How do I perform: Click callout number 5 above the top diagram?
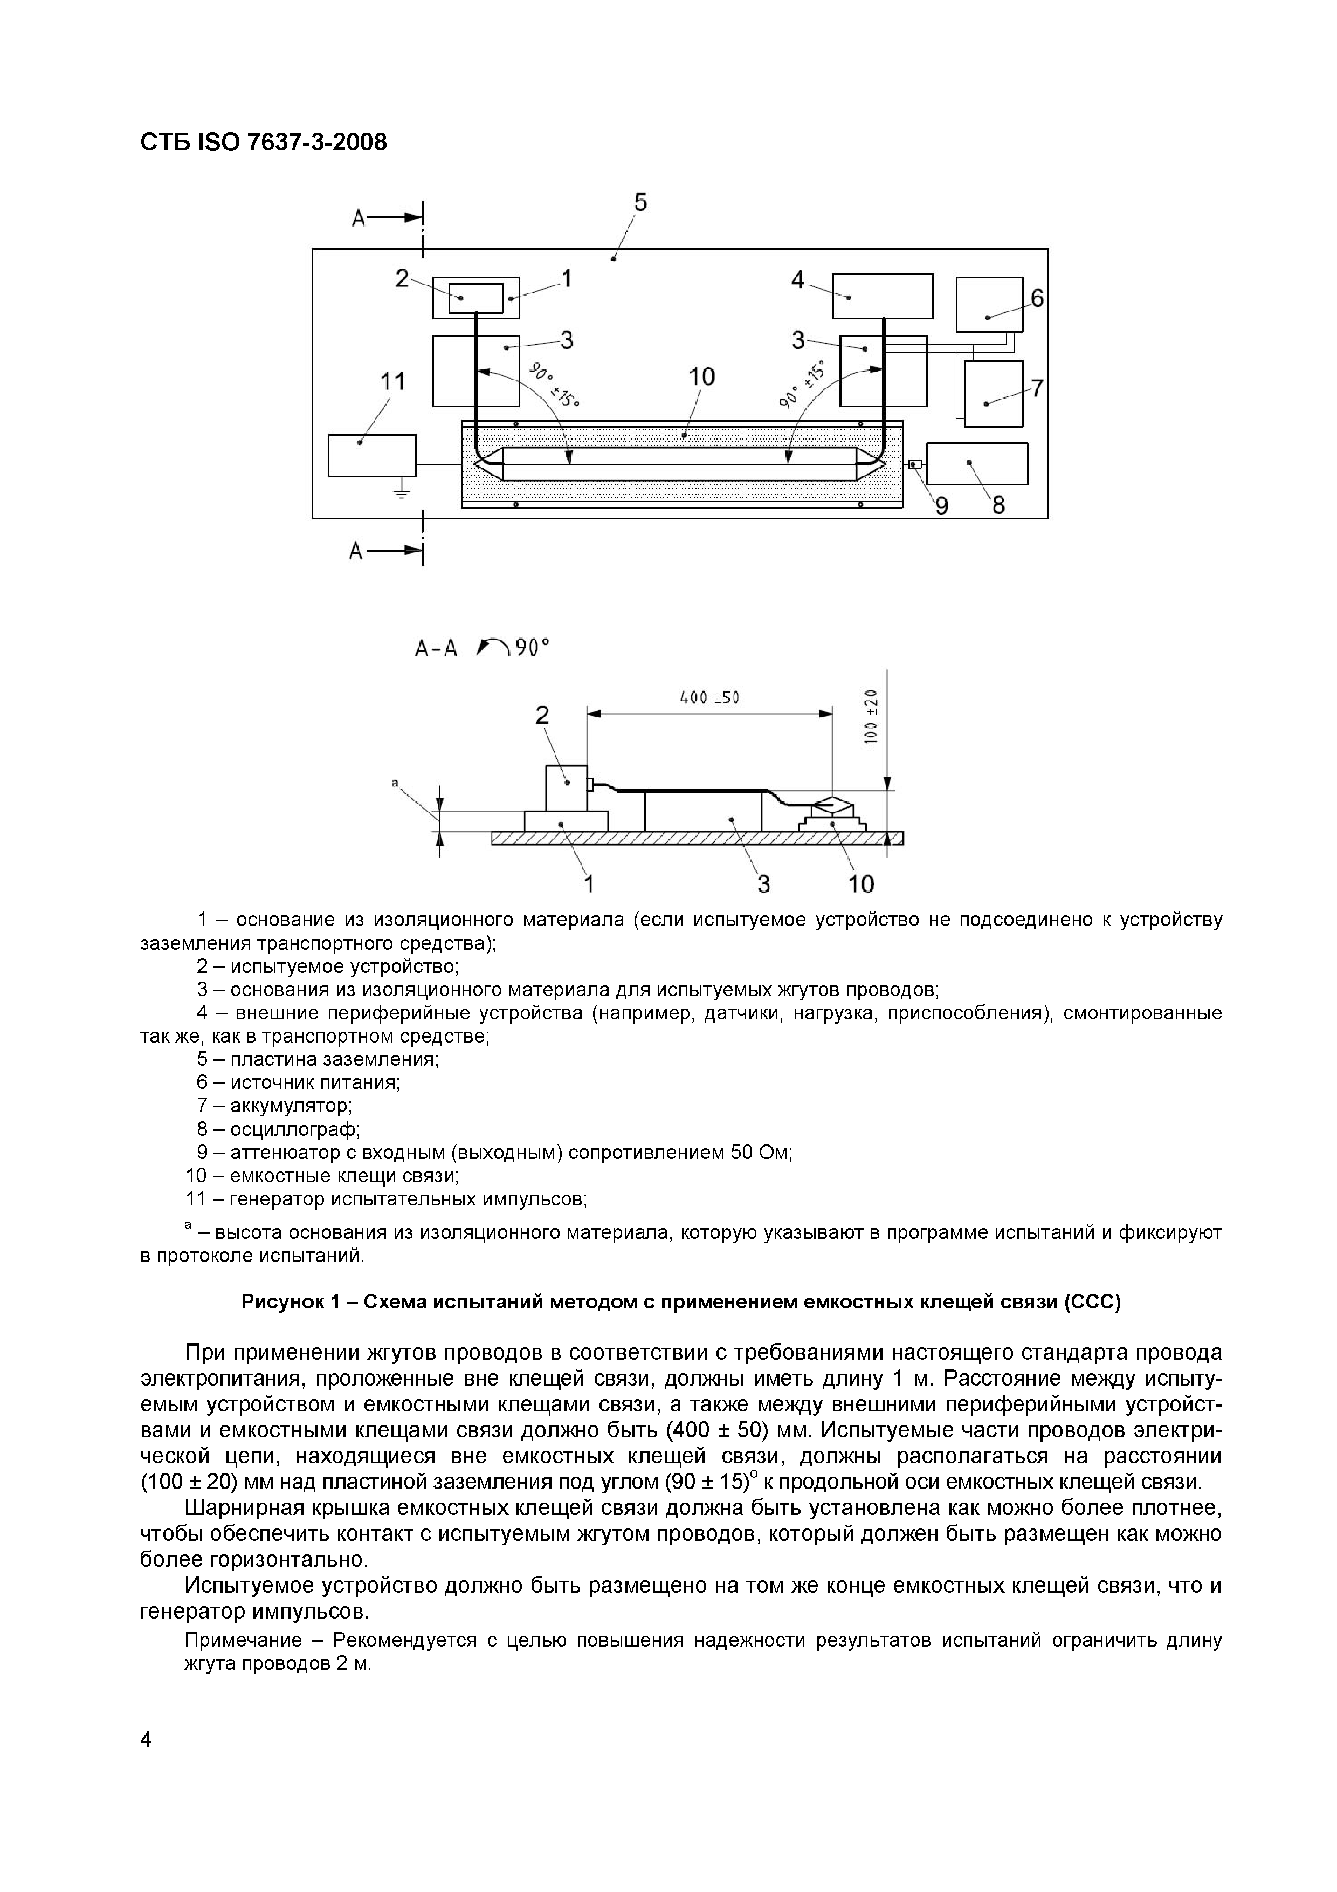click(640, 203)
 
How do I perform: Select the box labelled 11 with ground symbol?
click(371, 456)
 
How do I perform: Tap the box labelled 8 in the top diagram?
click(977, 464)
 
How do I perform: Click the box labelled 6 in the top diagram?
click(989, 304)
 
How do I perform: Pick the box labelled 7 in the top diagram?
click(994, 394)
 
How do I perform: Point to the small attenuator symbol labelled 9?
click(914, 465)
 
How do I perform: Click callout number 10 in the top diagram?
click(702, 378)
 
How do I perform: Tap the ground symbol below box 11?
click(401, 492)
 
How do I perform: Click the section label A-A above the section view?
click(436, 648)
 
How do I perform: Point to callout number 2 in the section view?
click(542, 715)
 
